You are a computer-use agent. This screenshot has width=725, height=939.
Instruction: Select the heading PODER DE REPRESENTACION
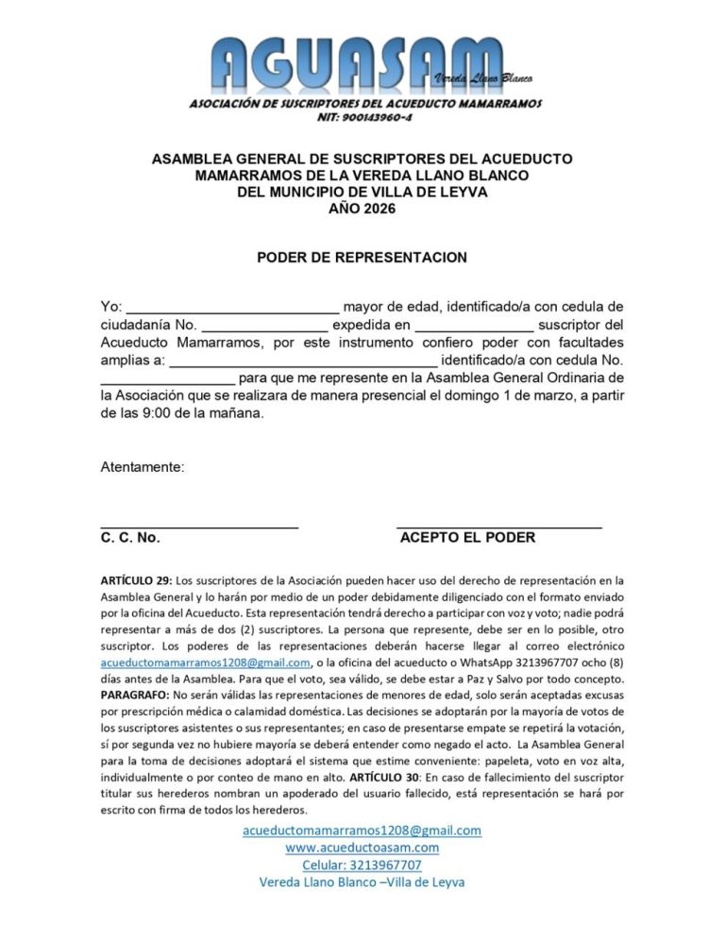pos(362,257)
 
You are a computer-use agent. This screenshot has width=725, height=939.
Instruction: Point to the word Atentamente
pos(143,467)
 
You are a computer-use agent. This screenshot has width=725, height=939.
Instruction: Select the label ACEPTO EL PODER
pos(467,538)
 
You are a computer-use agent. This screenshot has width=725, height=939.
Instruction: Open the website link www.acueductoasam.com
pos(362,847)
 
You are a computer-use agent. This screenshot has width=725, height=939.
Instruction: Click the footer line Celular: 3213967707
pos(362,864)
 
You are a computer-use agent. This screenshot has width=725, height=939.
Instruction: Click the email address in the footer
pos(362,830)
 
